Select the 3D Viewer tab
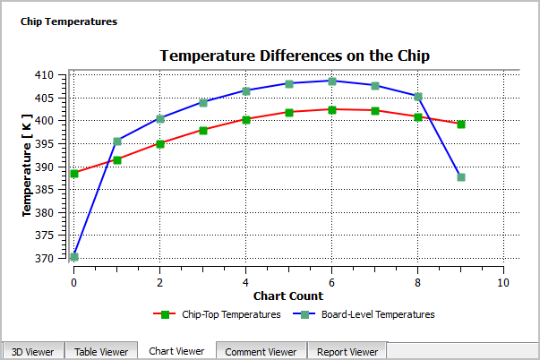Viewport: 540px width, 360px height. coord(33,352)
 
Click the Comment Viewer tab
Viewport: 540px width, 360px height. coord(261,352)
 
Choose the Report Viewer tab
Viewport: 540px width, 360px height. coord(347,352)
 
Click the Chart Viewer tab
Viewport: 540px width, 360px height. coord(176,351)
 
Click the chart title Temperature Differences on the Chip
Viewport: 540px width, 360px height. coord(295,56)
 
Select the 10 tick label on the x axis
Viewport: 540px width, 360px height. coord(502,281)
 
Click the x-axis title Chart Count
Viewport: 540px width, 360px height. coord(287,296)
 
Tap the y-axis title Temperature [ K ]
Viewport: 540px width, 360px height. coord(28,167)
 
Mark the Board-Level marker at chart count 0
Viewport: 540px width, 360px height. coord(74,257)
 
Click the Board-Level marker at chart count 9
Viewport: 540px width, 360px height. coord(461,177)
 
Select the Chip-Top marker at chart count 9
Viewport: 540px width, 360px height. coord(461,124)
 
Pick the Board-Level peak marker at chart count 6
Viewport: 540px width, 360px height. coord(332,81)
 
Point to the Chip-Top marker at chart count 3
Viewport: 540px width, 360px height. coord(203,130)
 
